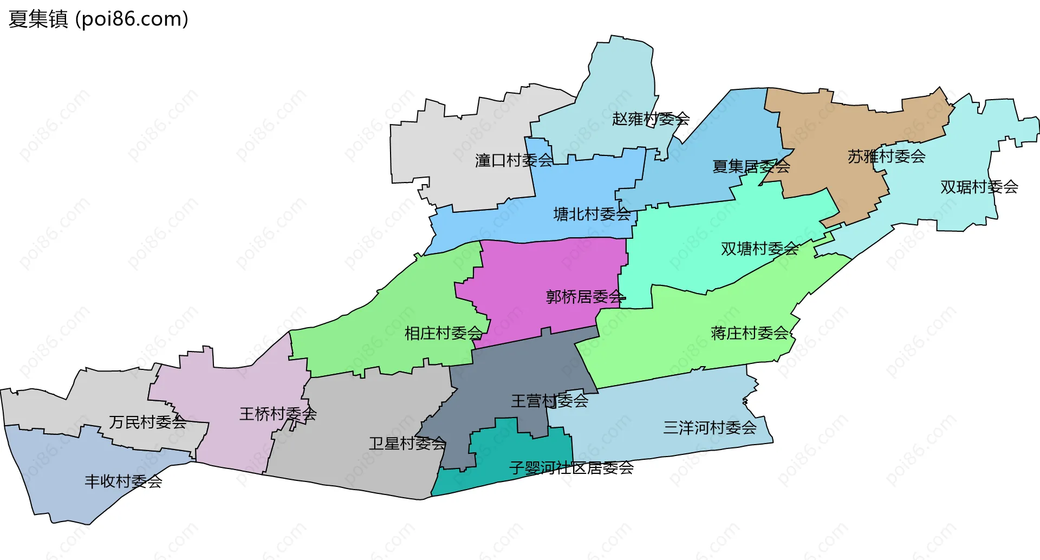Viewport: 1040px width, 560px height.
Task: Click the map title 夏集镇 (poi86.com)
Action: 99,19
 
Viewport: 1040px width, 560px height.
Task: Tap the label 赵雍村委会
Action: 651,119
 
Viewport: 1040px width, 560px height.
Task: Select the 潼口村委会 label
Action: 514,160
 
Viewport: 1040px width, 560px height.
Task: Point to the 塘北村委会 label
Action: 592,214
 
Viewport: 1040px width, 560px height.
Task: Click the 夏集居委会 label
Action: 751,166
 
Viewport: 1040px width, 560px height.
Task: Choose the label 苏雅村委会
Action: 886,157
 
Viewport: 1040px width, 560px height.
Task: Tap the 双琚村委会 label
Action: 979,187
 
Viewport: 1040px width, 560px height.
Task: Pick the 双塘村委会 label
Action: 759,249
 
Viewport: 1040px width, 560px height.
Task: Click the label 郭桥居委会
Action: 586,297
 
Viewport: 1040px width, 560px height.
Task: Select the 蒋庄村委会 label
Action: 749,333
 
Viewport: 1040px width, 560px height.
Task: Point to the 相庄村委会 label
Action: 443,333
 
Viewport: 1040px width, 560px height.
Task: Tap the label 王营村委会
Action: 549,401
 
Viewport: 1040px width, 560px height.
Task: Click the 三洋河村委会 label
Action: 710,428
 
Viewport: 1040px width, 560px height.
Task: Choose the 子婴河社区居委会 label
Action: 571,468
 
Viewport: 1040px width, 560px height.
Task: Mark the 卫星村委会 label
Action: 407,444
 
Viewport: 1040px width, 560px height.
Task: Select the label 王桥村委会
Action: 278,414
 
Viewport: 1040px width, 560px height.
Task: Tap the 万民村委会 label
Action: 147,422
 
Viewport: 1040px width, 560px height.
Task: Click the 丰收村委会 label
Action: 123,481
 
